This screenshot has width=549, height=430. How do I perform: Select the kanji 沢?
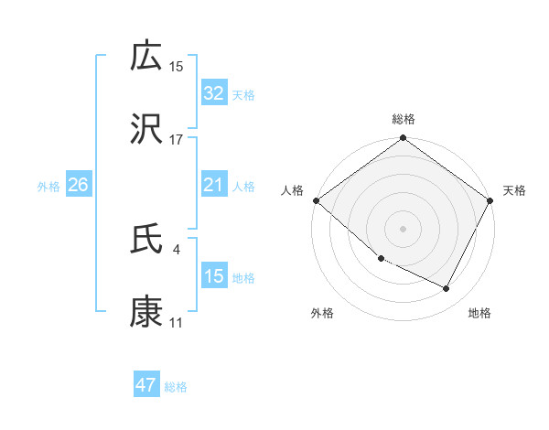click(146, 130)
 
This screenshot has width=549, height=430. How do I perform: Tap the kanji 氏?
click(146, 240)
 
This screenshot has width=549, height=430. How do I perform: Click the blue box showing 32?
click(213, 93)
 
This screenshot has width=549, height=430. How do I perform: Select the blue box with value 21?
click(213, 186)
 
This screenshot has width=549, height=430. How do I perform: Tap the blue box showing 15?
click(213, 276)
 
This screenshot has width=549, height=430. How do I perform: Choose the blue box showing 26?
click(78, 186)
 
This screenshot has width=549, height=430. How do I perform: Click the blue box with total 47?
click(146, 385)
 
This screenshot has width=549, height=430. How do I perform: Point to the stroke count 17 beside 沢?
click(176, 140)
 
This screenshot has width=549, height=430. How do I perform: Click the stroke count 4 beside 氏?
click(176, 249)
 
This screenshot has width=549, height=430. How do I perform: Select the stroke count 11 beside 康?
click(176, 323)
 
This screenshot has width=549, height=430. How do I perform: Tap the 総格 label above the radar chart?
click(404, 119)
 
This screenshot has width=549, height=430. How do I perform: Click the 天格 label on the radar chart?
click(514, 190)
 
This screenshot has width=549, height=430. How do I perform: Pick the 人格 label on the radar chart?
click(292, 190)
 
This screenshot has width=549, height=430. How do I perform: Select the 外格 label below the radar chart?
click(322, 313)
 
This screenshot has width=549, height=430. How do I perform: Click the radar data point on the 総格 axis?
click(404, 139)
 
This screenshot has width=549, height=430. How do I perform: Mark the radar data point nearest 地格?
click(447, 289)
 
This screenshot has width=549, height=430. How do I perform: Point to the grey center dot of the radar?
click(404, 228)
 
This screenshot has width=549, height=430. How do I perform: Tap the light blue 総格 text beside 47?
click(176, 387)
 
